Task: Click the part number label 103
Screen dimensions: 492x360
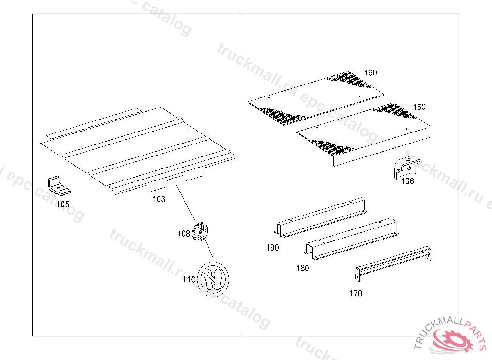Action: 159,199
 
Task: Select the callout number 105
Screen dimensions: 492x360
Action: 63,204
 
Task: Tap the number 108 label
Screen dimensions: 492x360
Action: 184,234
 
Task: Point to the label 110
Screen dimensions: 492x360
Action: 189,279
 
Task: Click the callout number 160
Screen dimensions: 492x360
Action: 370,73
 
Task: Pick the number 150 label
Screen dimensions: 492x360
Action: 419,107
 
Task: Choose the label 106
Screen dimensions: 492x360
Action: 407,181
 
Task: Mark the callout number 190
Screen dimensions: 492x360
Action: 272,248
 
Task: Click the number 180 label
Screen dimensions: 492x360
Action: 303,268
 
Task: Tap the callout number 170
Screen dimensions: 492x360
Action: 356,293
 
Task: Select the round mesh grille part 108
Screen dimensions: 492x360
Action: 201,232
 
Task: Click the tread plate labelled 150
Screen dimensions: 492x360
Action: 365,132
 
